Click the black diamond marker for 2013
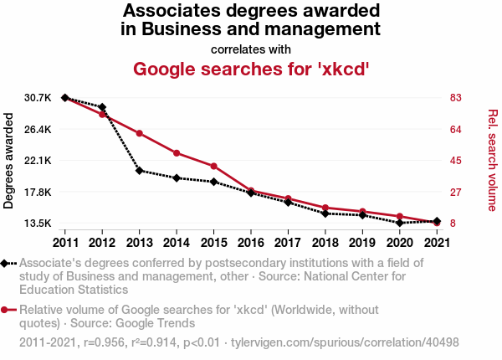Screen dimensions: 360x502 click(139, 171)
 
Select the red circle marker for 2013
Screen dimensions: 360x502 click(139, 133)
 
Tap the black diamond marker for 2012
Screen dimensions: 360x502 click(102, 107)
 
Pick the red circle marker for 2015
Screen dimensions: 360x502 click(213, 166)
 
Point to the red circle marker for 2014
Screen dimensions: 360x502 click(177, 153)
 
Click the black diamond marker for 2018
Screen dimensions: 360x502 click(325, 213)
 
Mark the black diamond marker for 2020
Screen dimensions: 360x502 click(399, 223)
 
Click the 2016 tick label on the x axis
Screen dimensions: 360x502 click(250, 243)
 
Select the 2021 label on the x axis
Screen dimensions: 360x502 click(436, 243)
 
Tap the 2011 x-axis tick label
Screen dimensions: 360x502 click(65, 243)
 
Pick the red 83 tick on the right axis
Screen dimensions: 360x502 click(456, 98)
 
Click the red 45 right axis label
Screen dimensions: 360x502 click(456, 161)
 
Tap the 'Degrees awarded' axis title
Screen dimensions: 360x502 click(9, 161)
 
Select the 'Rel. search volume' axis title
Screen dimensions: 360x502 click(493, 161)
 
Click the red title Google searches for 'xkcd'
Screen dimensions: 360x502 click(251, 68)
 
